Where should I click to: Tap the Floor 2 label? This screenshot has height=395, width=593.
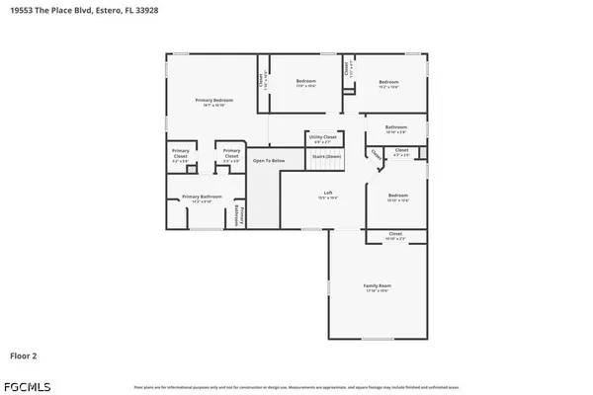pyautogui.click(x=26, y=354)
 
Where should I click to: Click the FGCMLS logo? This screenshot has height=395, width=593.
pyautogui.click(x=27, y=381)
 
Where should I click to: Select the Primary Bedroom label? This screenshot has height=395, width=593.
pyautogui.click(x=213, y=101)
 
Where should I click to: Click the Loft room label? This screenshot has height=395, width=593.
pyautogui.click(x=328, y=194)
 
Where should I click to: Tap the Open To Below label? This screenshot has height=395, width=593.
pyautogui.click(x=268, y=160)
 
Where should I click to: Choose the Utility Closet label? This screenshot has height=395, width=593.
pyautogui.click(x=322, y=137)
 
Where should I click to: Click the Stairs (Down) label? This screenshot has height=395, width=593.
pyautogui.click(x=326, y=156)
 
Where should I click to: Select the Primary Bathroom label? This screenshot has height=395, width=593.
pyautogui.click(x=202, y=197)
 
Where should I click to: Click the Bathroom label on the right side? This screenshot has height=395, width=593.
pyautogui.click(x=396, y=127)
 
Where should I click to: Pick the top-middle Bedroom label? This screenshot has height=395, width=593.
pyautogui.click(x=307, y=82)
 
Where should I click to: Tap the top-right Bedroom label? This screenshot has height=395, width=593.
pyautogui.click(x=388, y=82)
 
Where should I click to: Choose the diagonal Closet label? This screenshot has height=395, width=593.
pyautogui.click(x=377, y=156)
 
